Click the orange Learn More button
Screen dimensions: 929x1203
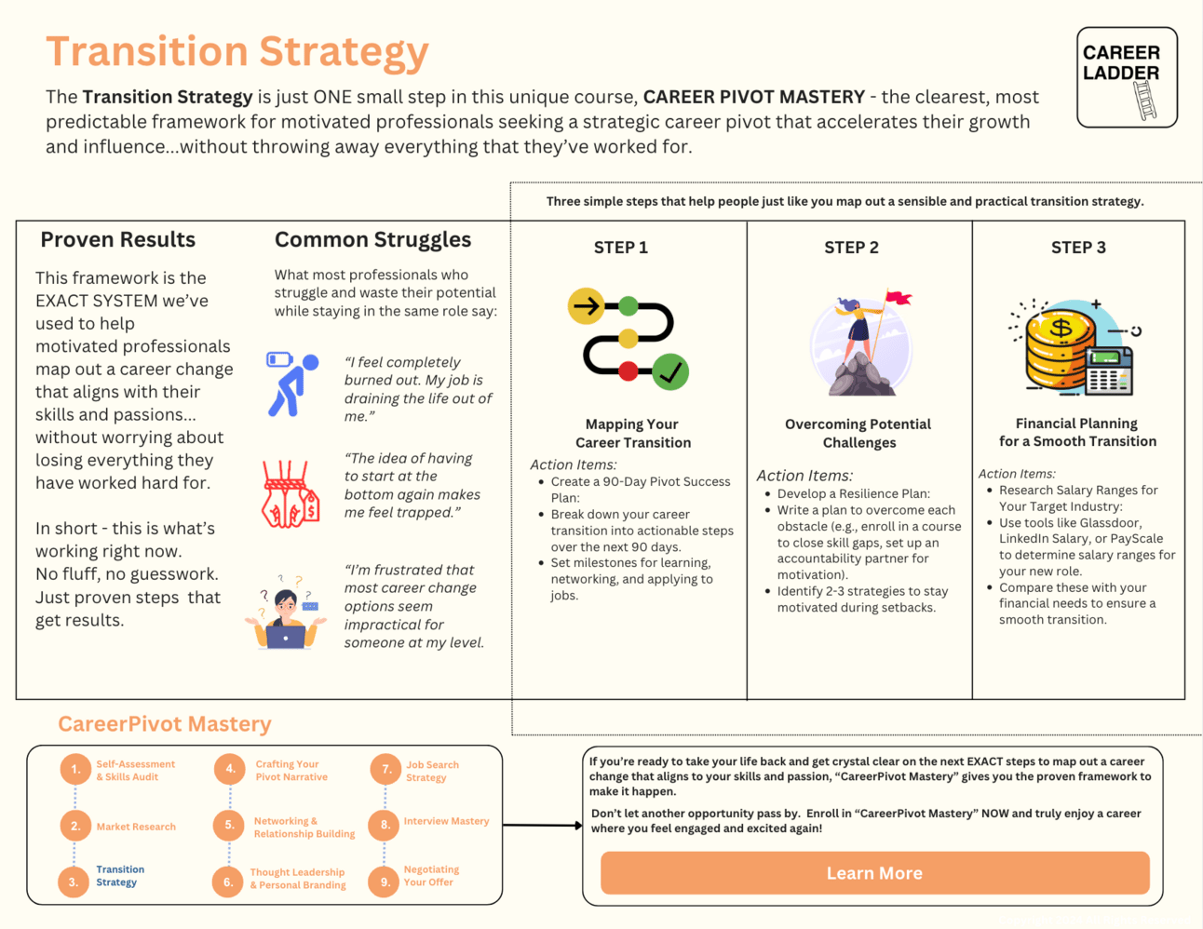coord(874,873)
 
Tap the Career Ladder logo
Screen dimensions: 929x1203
coord(1127,77)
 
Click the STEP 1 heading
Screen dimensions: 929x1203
coord(620,248)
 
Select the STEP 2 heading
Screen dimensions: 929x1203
coord(851,248)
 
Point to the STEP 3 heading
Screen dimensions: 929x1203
coord(1078,248)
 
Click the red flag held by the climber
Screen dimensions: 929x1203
coord(899,299)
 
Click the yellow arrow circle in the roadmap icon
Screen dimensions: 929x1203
coord(587,305)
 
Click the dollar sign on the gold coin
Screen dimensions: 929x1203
coord(1061,329)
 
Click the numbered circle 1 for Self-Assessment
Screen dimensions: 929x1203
coord(74,770)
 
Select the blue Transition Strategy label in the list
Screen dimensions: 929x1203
coord(119,876)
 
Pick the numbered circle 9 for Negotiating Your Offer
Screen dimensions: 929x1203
coord(384,882)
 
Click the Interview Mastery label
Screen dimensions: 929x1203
coord(446,821)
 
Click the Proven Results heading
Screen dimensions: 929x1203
coord(117,240)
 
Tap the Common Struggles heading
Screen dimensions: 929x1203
coord(372,240)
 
